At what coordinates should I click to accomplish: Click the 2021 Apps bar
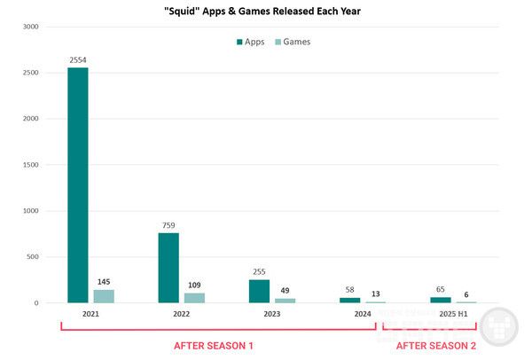click(78, 185)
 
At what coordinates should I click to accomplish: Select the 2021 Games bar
click(104, 296)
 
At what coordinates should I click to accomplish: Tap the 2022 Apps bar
click(168, 268)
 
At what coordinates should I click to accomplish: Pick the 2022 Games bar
click(194, 298)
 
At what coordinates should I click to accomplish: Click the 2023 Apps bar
click(259, 291)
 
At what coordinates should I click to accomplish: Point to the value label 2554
click(78, 60)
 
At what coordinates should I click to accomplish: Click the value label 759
click(168, 225)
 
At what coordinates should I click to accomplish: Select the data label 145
click(104, 282)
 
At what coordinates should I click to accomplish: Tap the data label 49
click(285, 290)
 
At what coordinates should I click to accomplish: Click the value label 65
click(441, 289)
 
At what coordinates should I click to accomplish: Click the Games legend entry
click(293, 42)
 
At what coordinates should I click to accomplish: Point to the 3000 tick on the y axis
click(31, 27)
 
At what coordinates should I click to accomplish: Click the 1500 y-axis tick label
click(31, 165)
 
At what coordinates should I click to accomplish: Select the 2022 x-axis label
click(181, 314)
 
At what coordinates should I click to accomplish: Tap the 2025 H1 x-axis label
click(453, 314)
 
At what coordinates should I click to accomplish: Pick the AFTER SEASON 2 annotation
click(435, 345)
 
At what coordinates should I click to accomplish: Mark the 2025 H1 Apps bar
click(441, 300)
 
